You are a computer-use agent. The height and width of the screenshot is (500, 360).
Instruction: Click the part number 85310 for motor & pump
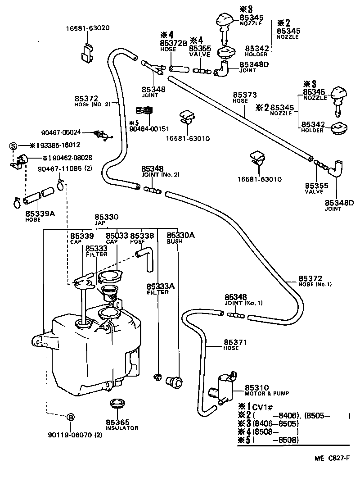257,387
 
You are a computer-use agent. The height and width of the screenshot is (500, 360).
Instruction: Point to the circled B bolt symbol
70,417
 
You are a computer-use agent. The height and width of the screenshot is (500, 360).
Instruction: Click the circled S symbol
13,145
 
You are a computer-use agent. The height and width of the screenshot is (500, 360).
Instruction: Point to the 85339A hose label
40,214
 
